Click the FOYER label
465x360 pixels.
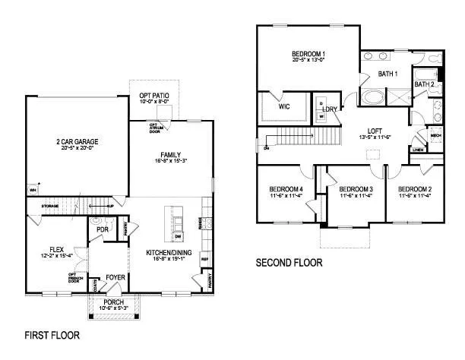click(115, 278)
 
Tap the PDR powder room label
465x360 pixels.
click(99, 230)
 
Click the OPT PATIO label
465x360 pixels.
click(154, 96)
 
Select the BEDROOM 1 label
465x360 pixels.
click(309, 54)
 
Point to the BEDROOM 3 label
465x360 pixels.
click(356, 188)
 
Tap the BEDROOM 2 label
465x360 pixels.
click(415, 188)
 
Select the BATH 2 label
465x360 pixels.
click(424, 84)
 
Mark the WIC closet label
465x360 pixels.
click(284, 107)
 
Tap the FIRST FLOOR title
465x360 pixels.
click(52, 334)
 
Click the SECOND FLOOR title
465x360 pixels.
click(289, 263)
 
